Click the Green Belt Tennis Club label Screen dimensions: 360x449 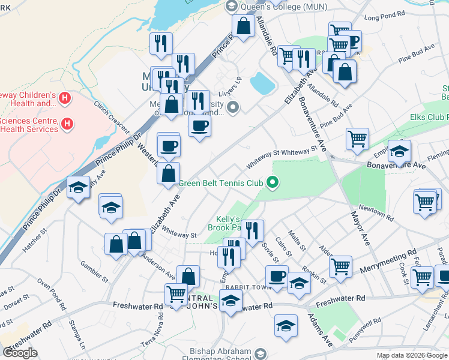pyautogui.click(x=221, y=183)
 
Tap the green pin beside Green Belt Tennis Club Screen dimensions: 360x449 pyautogui.click(x=273, y=182)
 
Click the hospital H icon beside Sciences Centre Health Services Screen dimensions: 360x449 pyautogui.click(x=68, y=124)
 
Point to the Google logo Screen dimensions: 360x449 pyautogui.click(x=20, y=353)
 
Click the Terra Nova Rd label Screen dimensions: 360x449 pyautogui.click(x=148, y=333)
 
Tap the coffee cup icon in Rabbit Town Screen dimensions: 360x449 pyautogui.click(x=277, y=277)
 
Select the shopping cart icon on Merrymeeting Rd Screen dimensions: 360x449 pyautogui.click(x=340, y=265)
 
